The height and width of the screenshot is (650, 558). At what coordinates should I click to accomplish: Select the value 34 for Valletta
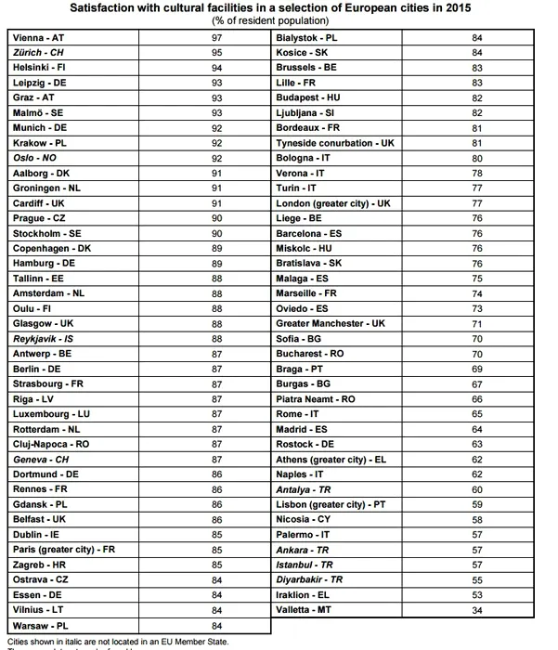coord(477,609)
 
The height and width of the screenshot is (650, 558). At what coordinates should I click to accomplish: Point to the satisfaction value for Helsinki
coord(217,68)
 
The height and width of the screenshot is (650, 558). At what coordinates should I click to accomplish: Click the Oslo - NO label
coord(34,158)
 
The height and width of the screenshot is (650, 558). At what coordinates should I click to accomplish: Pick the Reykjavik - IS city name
coord(45,339)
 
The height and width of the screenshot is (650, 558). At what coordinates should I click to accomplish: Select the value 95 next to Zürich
coord(217,53)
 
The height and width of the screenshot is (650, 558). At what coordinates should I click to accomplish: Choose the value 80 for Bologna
coord(477,158)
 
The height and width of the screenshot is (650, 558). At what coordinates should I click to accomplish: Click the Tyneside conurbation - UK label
coord(335,143)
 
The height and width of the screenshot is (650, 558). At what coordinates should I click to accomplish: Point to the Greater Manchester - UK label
coord(330,323)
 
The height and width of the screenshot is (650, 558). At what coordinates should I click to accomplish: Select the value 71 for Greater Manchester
coord(477,323)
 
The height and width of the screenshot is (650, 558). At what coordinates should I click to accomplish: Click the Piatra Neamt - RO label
coord(316,398)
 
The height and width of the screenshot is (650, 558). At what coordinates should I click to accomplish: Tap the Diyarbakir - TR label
coord(309,578)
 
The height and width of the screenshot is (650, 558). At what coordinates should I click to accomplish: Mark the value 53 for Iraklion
coord(477,594)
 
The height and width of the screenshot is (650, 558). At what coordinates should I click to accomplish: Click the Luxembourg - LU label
coord(51,413)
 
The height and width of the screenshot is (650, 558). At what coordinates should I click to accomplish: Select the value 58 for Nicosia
coord(477,519)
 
